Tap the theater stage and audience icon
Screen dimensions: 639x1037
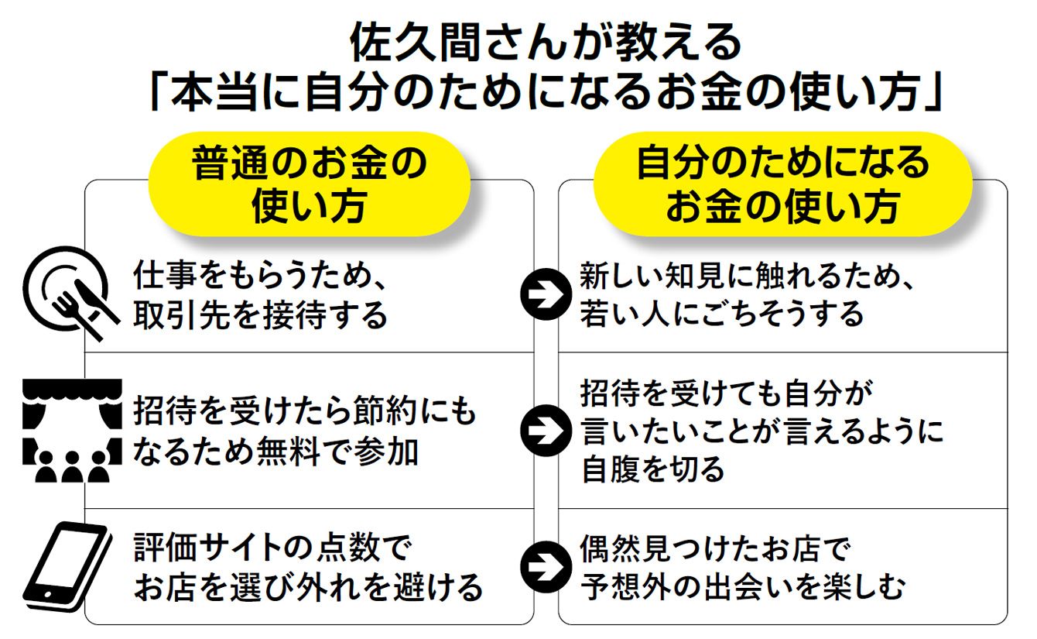(x=72, y=431)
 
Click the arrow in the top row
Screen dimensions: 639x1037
(x=546, y=294)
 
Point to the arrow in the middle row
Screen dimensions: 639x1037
(x=546, y=431)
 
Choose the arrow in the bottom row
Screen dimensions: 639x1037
(x=546, y=568)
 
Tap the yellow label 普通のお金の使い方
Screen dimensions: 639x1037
(x=309, y=184)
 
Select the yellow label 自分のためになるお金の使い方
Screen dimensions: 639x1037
(x=782, y=184)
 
